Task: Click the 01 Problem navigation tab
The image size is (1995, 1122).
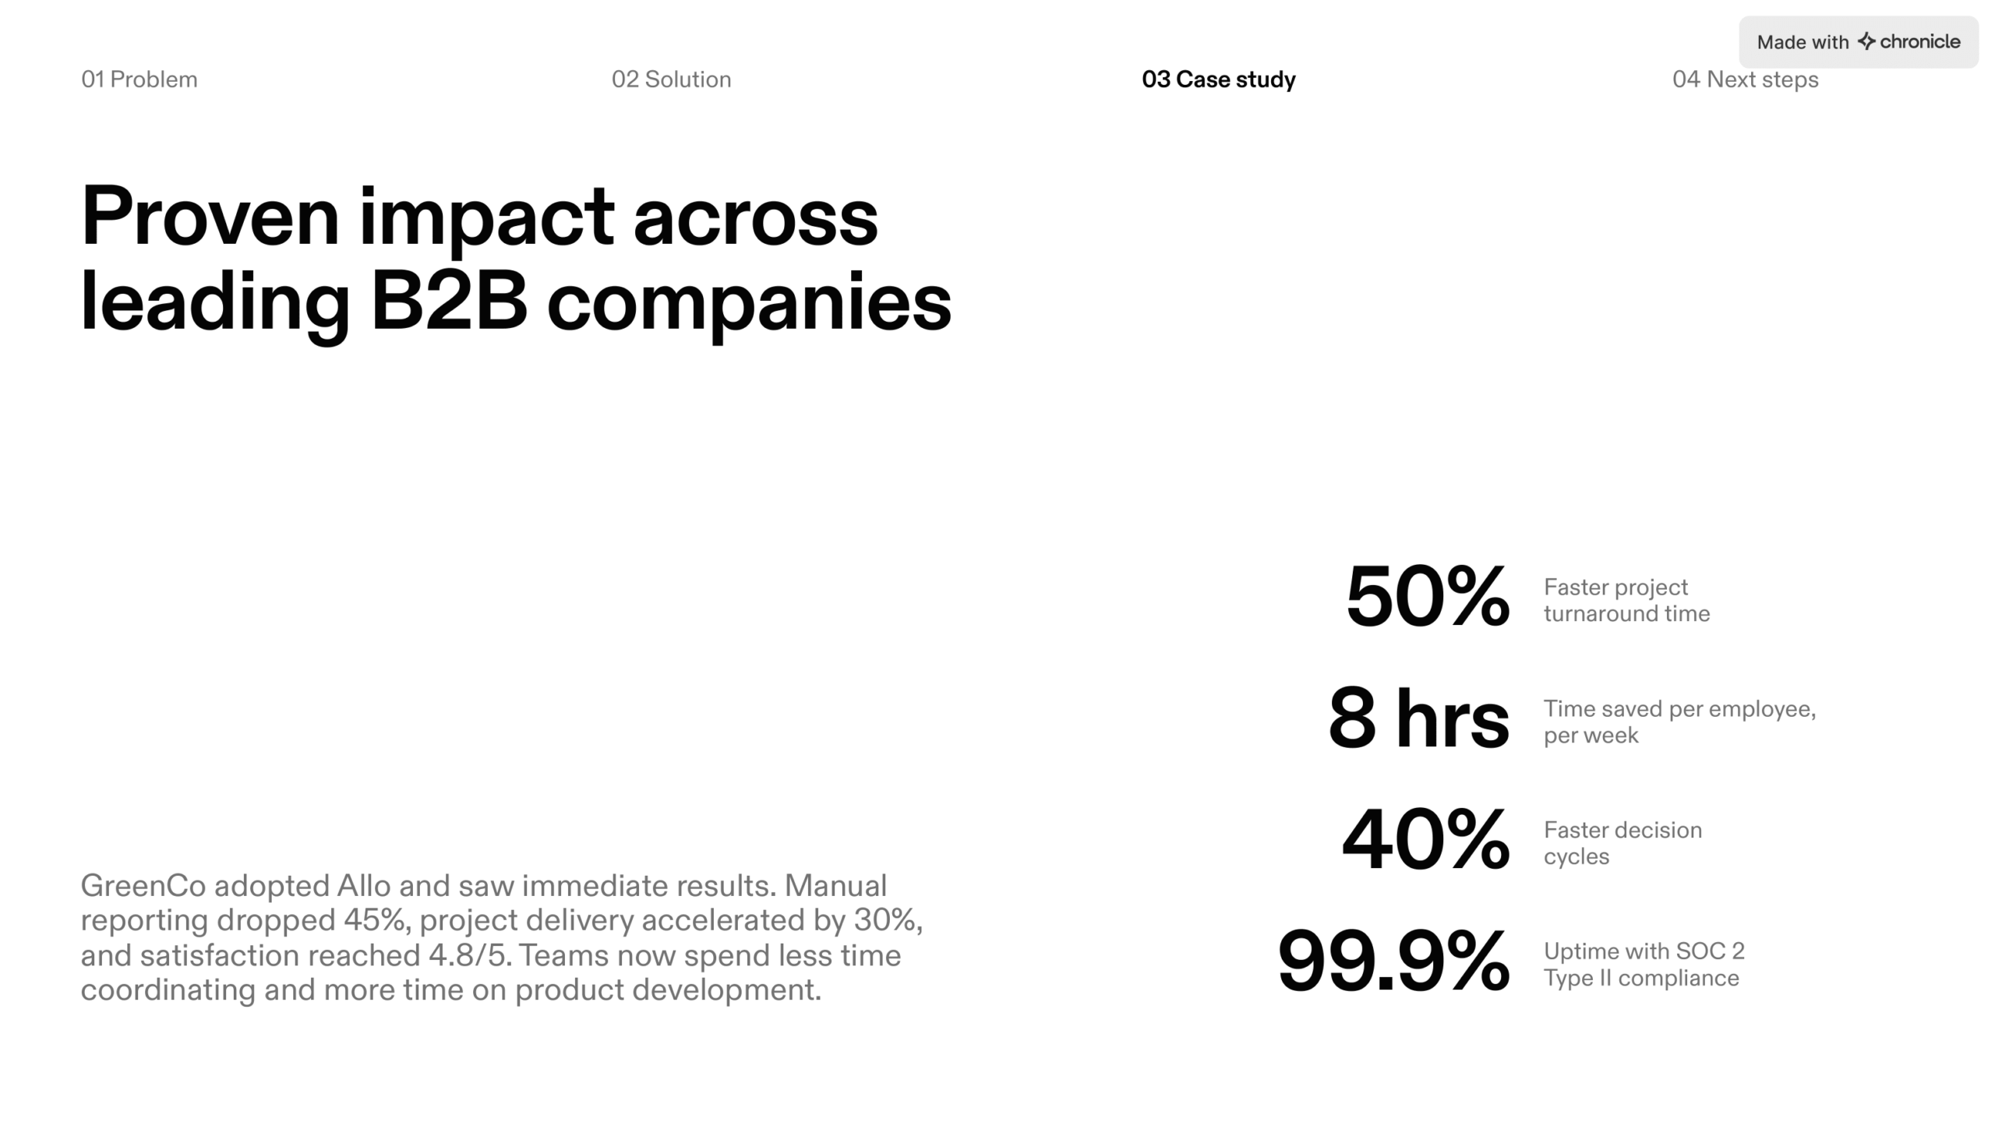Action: coord(139,79)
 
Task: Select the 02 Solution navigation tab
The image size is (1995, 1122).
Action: coord(671,79)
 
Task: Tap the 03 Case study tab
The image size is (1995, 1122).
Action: coord(1218,79)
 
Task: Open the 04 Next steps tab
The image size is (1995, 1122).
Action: coord(1745,79)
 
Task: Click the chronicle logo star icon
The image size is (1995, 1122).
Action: coord(1866,41)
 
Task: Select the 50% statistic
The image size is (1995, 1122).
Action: coord(1427,597)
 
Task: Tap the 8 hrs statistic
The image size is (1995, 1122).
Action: coord(1418,718)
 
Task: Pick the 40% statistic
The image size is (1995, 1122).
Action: coord(1425,840)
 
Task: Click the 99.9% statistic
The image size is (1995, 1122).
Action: coord(1393,961)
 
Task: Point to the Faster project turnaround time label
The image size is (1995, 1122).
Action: coord(1626,600)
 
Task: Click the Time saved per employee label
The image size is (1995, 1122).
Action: coord(1679,722)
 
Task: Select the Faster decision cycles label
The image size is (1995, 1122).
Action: coord(1622,843)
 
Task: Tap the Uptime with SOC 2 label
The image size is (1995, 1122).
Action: coord(1644,965)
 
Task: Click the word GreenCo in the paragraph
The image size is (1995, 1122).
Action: coord(143,886)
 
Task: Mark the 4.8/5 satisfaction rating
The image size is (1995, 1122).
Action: coord(469,956)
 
